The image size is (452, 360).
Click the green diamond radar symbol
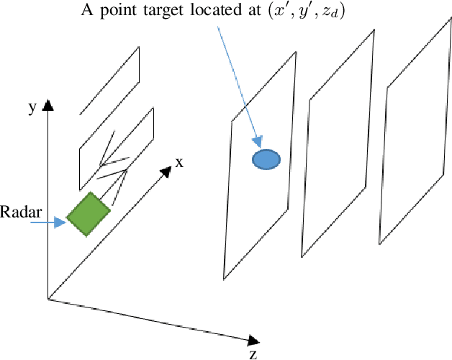89,214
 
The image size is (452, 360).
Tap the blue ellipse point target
266,159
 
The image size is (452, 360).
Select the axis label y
32,107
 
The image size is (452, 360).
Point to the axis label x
179,162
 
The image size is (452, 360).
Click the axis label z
253,354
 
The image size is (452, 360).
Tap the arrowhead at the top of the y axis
48,107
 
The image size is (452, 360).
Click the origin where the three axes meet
48,298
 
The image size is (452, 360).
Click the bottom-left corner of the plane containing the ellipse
223,279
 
